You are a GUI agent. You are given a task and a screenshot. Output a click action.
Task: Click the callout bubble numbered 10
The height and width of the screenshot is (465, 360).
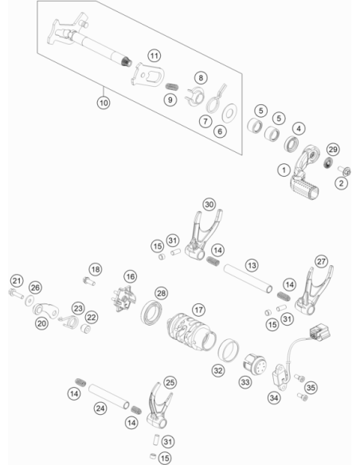point(104,103)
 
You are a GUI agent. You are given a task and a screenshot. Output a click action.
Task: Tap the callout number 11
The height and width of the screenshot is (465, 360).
point(154,56)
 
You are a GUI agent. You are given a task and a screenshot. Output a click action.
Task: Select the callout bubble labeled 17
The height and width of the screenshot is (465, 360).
point(198,310)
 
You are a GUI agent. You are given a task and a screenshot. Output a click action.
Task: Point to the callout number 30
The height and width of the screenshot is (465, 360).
point(209,205)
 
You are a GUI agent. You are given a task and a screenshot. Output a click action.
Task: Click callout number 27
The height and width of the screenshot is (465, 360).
point(321,261)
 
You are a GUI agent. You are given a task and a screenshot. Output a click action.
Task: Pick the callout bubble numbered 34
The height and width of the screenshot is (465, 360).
point(274,397)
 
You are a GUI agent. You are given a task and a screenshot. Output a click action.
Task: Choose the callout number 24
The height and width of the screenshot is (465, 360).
point(100,408)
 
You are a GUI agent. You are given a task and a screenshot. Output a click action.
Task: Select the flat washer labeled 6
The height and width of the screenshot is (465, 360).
point(229,113)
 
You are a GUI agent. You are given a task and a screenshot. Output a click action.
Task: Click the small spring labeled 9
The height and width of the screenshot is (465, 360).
point(172,87)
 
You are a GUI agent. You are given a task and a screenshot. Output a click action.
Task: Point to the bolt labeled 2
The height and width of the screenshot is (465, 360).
point(345,170)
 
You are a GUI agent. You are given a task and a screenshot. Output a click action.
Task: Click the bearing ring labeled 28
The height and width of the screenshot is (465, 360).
point(151,312)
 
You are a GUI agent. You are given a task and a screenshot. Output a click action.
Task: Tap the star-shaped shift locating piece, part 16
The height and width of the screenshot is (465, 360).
point(124,299)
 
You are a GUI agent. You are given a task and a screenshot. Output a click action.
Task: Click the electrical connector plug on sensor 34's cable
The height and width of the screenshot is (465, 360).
point(320,332)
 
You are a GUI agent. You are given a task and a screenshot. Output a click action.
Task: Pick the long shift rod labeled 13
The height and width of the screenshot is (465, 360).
point(248,279)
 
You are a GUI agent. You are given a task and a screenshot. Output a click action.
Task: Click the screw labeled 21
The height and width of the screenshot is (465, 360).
point(16,294)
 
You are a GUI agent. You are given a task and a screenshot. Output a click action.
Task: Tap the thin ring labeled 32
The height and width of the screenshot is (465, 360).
point(229,350)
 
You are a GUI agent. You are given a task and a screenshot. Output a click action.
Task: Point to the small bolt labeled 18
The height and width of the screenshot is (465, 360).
point(89,281)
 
